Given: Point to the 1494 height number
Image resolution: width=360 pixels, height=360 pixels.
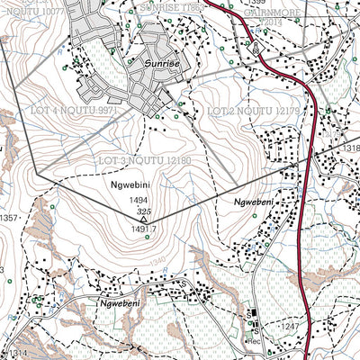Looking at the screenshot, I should tap(138, 202).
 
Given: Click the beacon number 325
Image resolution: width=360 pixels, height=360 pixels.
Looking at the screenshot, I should tap(143, 211).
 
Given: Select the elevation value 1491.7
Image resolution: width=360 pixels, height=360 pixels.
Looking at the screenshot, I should tap(144, 229).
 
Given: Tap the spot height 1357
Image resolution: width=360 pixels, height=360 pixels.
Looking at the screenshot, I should tap(9, 219).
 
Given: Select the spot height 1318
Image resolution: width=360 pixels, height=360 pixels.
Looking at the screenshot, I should tap(350, 148).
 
